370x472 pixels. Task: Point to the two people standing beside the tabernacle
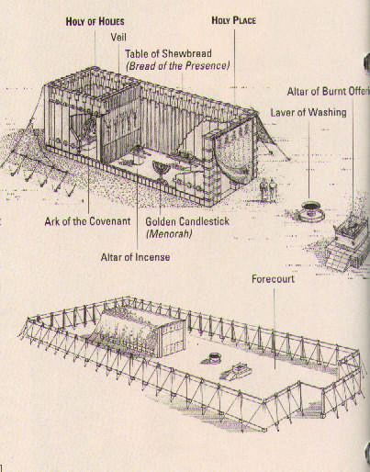tap(266, 190)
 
